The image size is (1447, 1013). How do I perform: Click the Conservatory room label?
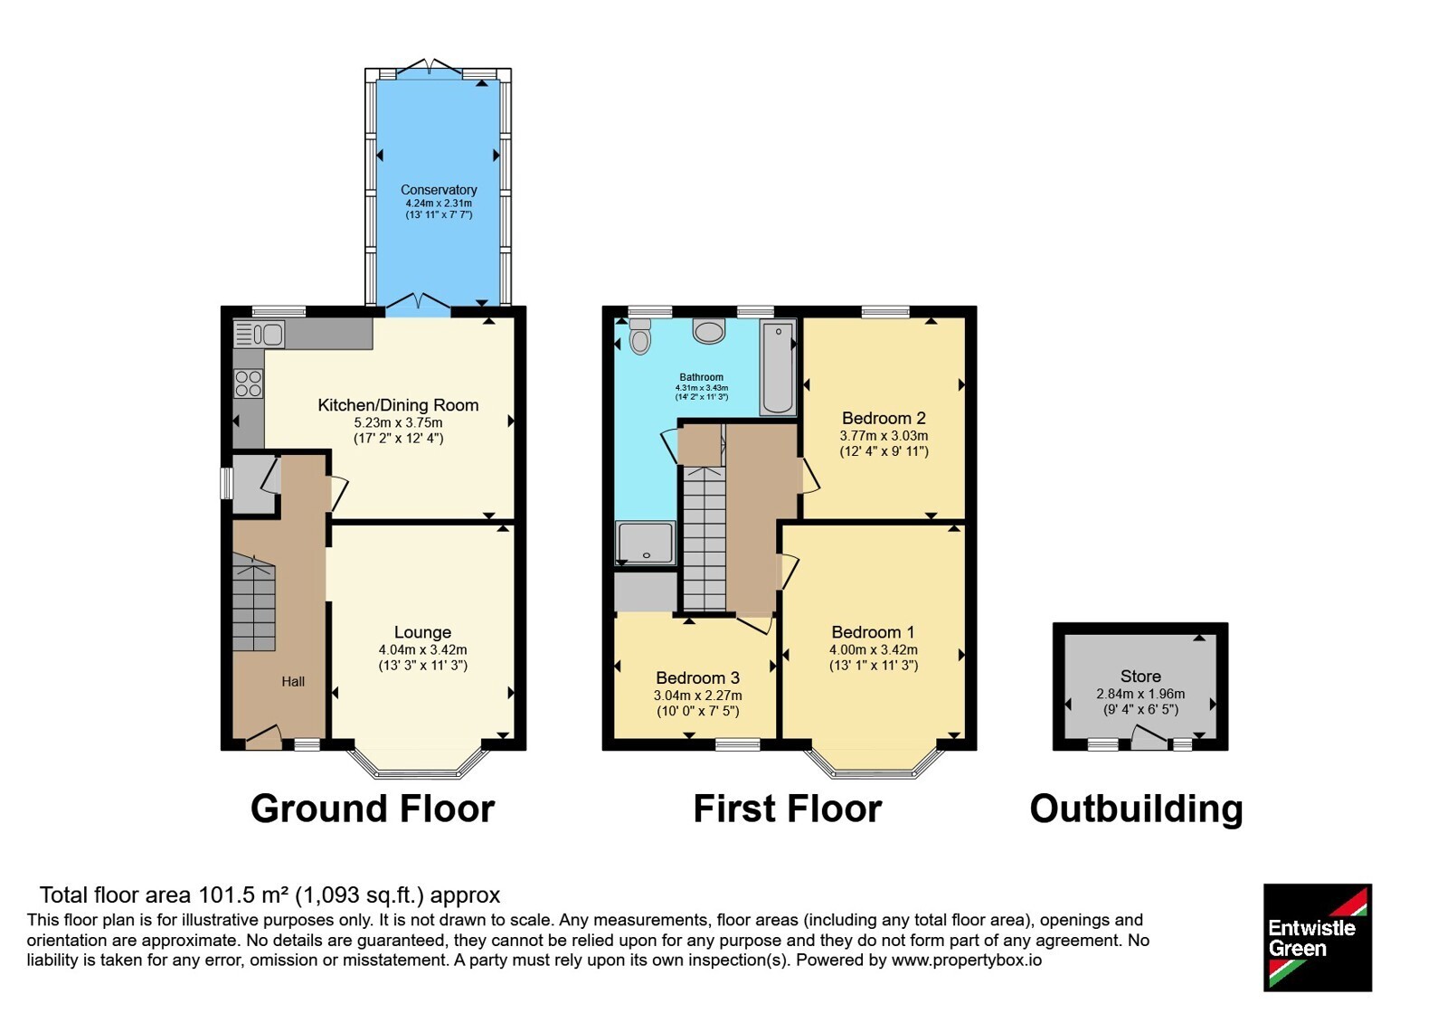pyautogui.click(x=439, y=190)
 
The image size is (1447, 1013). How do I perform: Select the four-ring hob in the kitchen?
pyautogui.click(x=249, y=383)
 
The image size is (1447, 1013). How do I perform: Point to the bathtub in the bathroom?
pyautogui.click(x=778, y=367)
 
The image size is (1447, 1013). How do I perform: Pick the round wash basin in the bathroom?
pyautogui.click(x=709, y=331)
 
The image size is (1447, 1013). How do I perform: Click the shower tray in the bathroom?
pyautogui.click(x=646, y=544)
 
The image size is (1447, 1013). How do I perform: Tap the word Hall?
pyautogui.click(x=293, y=682)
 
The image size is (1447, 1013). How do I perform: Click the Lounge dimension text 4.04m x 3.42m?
pyautogui.click(x=422, y=650)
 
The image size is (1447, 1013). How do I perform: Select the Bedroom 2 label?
pyautogui.click(x=884, y=418)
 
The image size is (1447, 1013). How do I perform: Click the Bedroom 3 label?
pyautogui.click(x=697, y=677)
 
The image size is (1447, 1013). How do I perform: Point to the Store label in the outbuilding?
pyautogui.click(x=1140, y=677)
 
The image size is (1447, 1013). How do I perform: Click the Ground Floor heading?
pyautogui.click(x=373, y=809)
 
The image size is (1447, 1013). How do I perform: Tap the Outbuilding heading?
pyautogui.click(x=1136, y=809)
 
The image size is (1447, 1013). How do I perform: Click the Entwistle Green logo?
pyautogui.click(x=1317, y=937)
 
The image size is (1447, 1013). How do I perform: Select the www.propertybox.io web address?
pyautogui.click(x=967, y=960)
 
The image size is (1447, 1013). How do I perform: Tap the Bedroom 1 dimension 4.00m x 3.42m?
pyautogui.click(x=874, y=650)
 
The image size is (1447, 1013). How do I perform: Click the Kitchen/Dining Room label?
pyautogui.click(x=398, y=405)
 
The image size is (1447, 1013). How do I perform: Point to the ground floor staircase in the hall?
pyautogui.click(x=254, y=602)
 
